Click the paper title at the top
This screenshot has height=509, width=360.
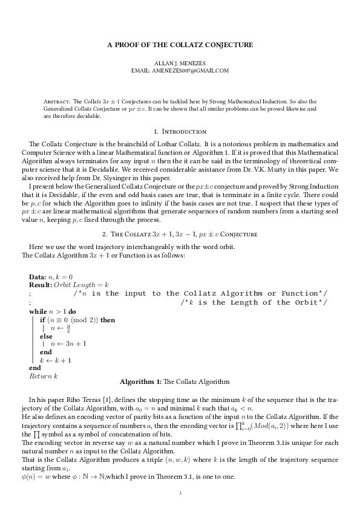(x=180, y=45)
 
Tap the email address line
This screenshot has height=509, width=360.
(x=180, y=70)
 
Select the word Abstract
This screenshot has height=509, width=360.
(x=57, y=101)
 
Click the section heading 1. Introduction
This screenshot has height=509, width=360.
(x=180, y=131)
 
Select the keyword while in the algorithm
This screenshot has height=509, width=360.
(x=38, y=311)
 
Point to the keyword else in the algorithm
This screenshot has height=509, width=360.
(x=46, y=336)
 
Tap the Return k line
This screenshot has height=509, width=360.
(x=43, y=375)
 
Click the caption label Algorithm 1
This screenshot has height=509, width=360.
(x=140, y=382)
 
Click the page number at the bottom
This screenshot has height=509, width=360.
(x=180, y=493)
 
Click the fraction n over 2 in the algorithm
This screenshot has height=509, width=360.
(x=68, y=328)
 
